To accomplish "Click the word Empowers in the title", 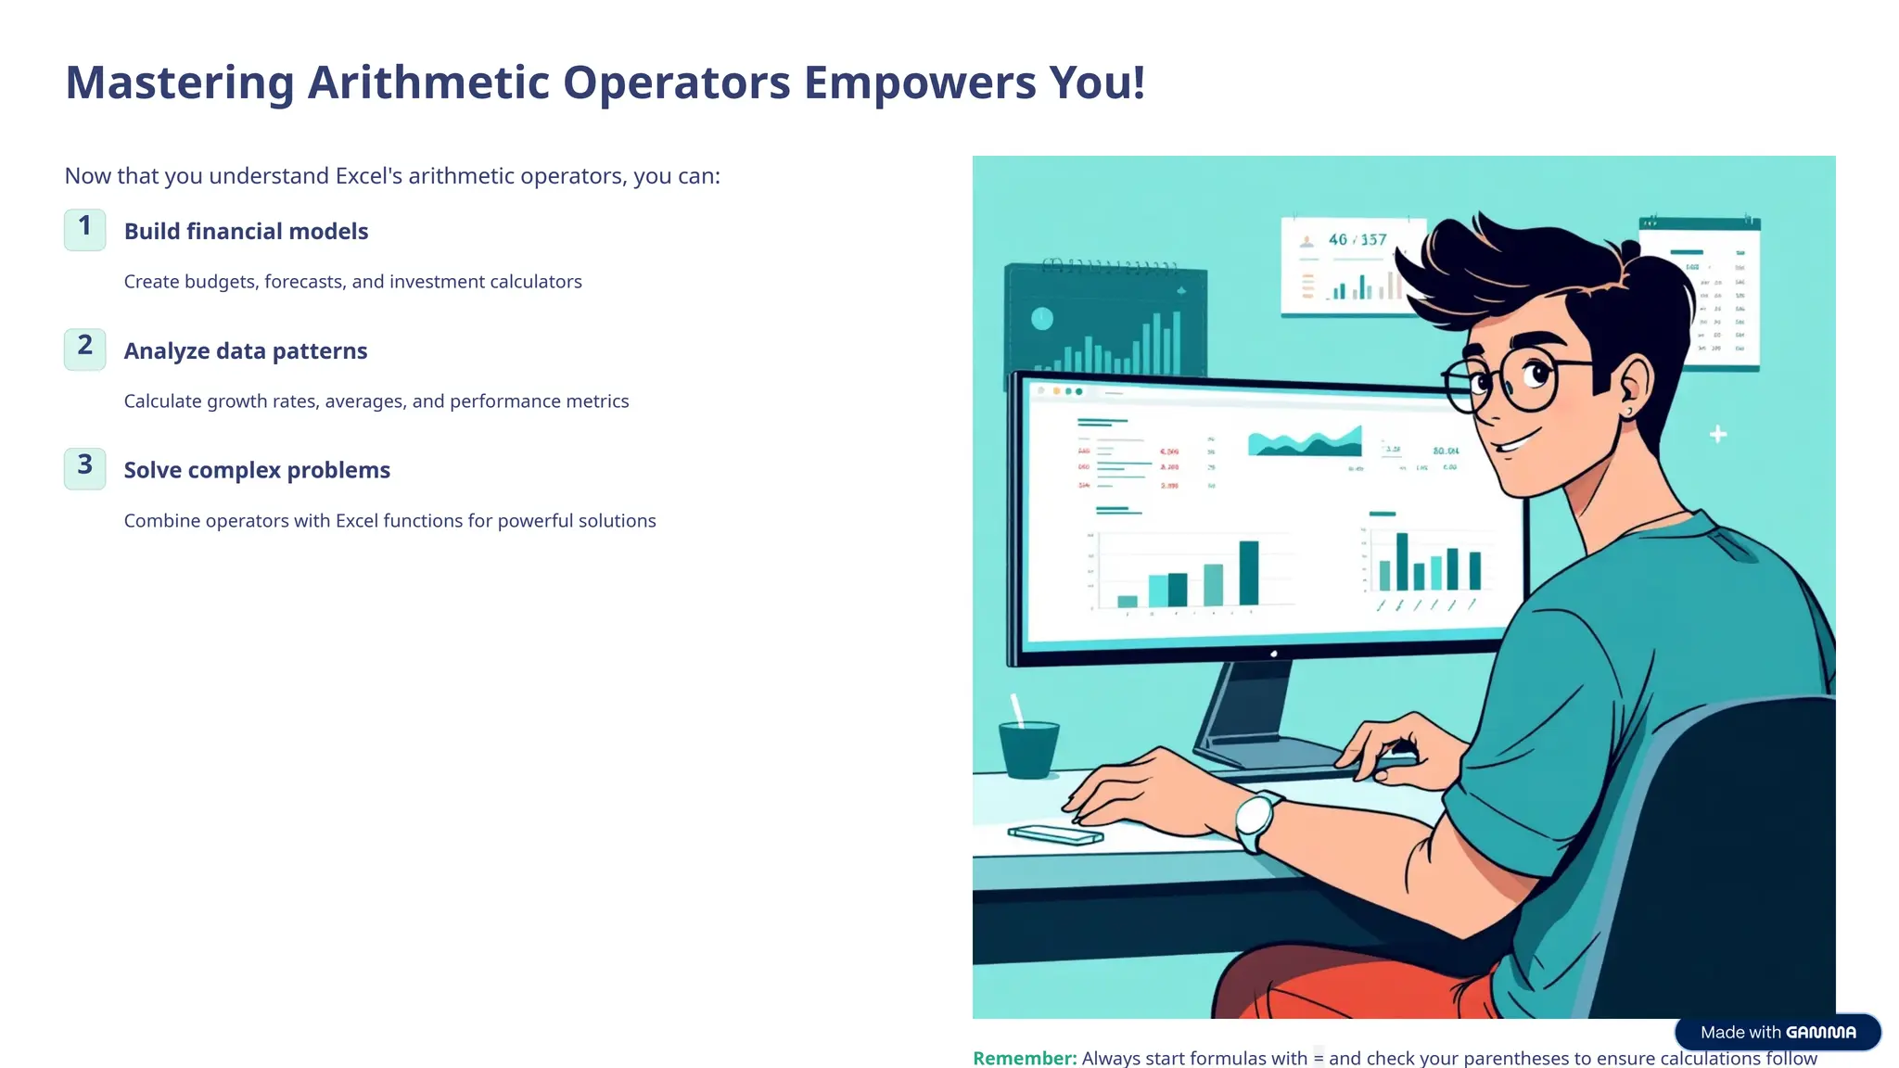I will pyautogui.click(x=918, y=83).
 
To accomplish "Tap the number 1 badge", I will pyautogui.click(x=84, y=229).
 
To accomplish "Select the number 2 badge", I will pyautogui.click(x=84, y=349).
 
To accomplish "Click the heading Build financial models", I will pyautogui.click(x=246, y=231).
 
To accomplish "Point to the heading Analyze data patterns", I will pyautogui.click(x=246, y=350).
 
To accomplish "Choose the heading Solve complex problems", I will pyautogui.click(x=257, y=470).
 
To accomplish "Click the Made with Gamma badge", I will pyautogui.click(x=1778, y=1032).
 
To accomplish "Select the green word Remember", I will pyautogui.click(x=1024, y=1058).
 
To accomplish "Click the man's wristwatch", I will pyautogui.click(x=1255, y=819).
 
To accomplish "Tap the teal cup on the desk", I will pyautogui.click(x=1028, y=748).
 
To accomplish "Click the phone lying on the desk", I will pyautogui.click(x=1055, y=834).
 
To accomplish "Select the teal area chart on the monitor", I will pyautogui.click(x=1305, y=443).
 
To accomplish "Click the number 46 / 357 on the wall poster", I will pyautogui.click(x=1357, y=239).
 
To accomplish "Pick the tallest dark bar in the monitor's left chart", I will pyautogui.click(x=1249, y=572).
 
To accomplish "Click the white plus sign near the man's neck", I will pyautogui.click(x=1717, y=434).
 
